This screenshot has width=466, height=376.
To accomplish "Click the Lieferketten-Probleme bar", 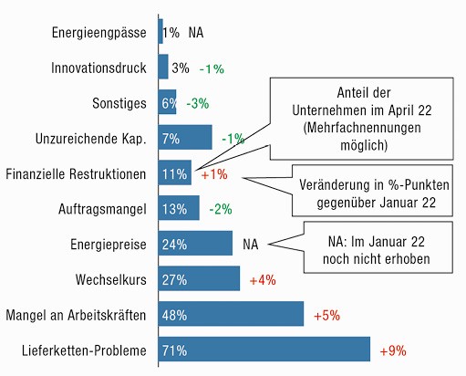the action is pyautogui.click(x=264, y=349).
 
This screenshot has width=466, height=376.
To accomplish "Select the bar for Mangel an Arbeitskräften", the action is pyautogui.click(x=231, y=314).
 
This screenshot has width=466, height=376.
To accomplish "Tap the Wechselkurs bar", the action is pyautogui.click(x=199, y=278).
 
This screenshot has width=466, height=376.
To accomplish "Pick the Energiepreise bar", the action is pyautogui.click(x=195, y=243).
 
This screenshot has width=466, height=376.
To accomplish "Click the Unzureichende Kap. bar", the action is pyautogui.click(x=185, y=137).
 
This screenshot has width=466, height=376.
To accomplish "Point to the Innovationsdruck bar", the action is pyautogui.click(x=163, y=67).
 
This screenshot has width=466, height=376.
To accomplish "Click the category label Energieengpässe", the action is pyautogui.click(x=99, y=33).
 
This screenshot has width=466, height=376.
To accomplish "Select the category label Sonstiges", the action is pyautogui.click(x=119, y=103).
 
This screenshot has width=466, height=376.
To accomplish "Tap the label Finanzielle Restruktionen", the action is pyautogui.click(x=76, y=174).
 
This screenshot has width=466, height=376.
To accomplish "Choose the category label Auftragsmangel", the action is pyautogui.click(x=102, y=209).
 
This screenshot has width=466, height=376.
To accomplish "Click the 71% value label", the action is pyautogui.click(x=174, y=350).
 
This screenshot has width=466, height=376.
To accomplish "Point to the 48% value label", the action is pyautogui.click(x=174, y=315).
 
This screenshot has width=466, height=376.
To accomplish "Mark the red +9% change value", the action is pyautogui.click(x=393, y=350).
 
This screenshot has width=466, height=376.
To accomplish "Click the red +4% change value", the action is pyautogui.click(x=263, y=280).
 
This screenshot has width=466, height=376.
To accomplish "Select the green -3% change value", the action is pyautogui.click(x=198, y=103).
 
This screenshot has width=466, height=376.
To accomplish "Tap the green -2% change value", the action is pyautogui.click(x=221, y=209).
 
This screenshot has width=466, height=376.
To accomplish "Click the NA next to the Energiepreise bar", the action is pyautogui.click(x=251, y=245).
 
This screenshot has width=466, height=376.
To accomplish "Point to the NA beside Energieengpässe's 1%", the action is pyautogui.click(x=196, y=33).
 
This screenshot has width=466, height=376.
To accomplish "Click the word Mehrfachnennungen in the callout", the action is pyautogui.click(x=362, y=128).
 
